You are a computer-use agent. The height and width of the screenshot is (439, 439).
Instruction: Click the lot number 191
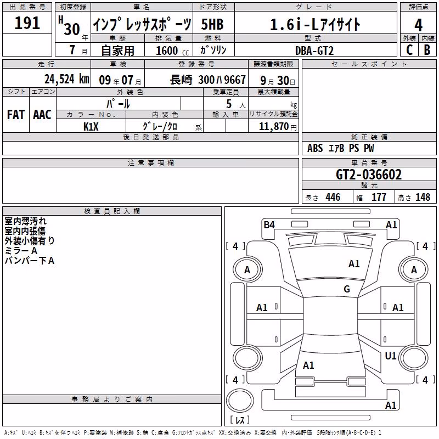[x=27, y=22]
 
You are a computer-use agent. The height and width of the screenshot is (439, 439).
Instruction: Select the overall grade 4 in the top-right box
[x=418, y=25]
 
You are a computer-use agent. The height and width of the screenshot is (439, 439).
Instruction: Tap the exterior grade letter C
[x=409, y=50]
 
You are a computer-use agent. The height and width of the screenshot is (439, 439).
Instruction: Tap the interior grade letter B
[x=427, y=50]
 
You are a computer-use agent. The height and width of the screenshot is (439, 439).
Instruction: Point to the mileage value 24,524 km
[x=66, y=79]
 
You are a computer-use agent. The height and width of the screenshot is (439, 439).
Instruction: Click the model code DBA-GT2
[x=314, y=50]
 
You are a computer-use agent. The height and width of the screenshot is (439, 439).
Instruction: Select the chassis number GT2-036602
[x=369, y=175]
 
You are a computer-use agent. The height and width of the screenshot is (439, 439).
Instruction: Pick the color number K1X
[x=91, y=127]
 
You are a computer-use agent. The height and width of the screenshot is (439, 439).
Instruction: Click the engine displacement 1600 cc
[x=172, y=50]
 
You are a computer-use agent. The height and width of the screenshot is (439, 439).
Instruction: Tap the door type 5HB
[x=212, y=24]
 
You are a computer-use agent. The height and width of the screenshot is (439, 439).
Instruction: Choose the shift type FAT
[x=16, y=115]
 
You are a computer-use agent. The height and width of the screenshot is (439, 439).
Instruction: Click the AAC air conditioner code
[x=42, y=115]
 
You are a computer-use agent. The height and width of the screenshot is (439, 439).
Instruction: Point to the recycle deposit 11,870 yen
[x=278, y=127]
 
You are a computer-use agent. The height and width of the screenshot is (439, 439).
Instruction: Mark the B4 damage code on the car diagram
[x=269, y=224]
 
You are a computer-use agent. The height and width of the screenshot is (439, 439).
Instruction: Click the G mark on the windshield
[x=347, y=289]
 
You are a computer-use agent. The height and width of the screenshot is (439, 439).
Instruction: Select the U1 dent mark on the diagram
[x=391, y=356]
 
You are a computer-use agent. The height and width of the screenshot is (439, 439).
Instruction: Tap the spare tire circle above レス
[x=240, y=401]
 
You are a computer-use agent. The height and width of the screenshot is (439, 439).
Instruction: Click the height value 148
[x=423, y=197]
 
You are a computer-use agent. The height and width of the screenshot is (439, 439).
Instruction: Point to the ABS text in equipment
[x=315, y=148]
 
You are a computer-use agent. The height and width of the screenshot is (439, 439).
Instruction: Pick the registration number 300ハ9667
[x=222, y=80]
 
